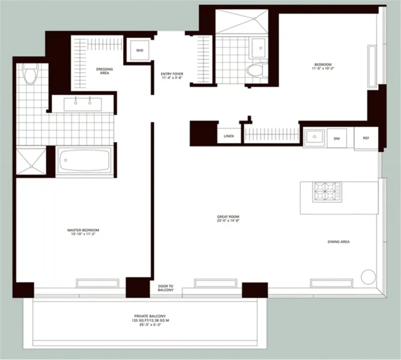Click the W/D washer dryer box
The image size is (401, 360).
pyautogui.click(x=139, y=50)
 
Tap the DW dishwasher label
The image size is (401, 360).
pyautogui.click(x=337, y=138)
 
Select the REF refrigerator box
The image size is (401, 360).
pyautogui.click(x=366, y=138)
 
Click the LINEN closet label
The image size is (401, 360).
pyautogui.click(x=229, y=137)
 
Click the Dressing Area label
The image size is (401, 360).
pyautogui.click(x=104, y=71)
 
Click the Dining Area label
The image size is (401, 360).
pyautogui.click(x=339, y=242)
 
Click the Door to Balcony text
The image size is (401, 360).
pyautogui.click(x=166, y=289)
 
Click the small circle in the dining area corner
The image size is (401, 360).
pyautogui.click(x=367, y=277)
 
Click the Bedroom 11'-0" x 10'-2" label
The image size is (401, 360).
pyautogui.click(x=322, y=67)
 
